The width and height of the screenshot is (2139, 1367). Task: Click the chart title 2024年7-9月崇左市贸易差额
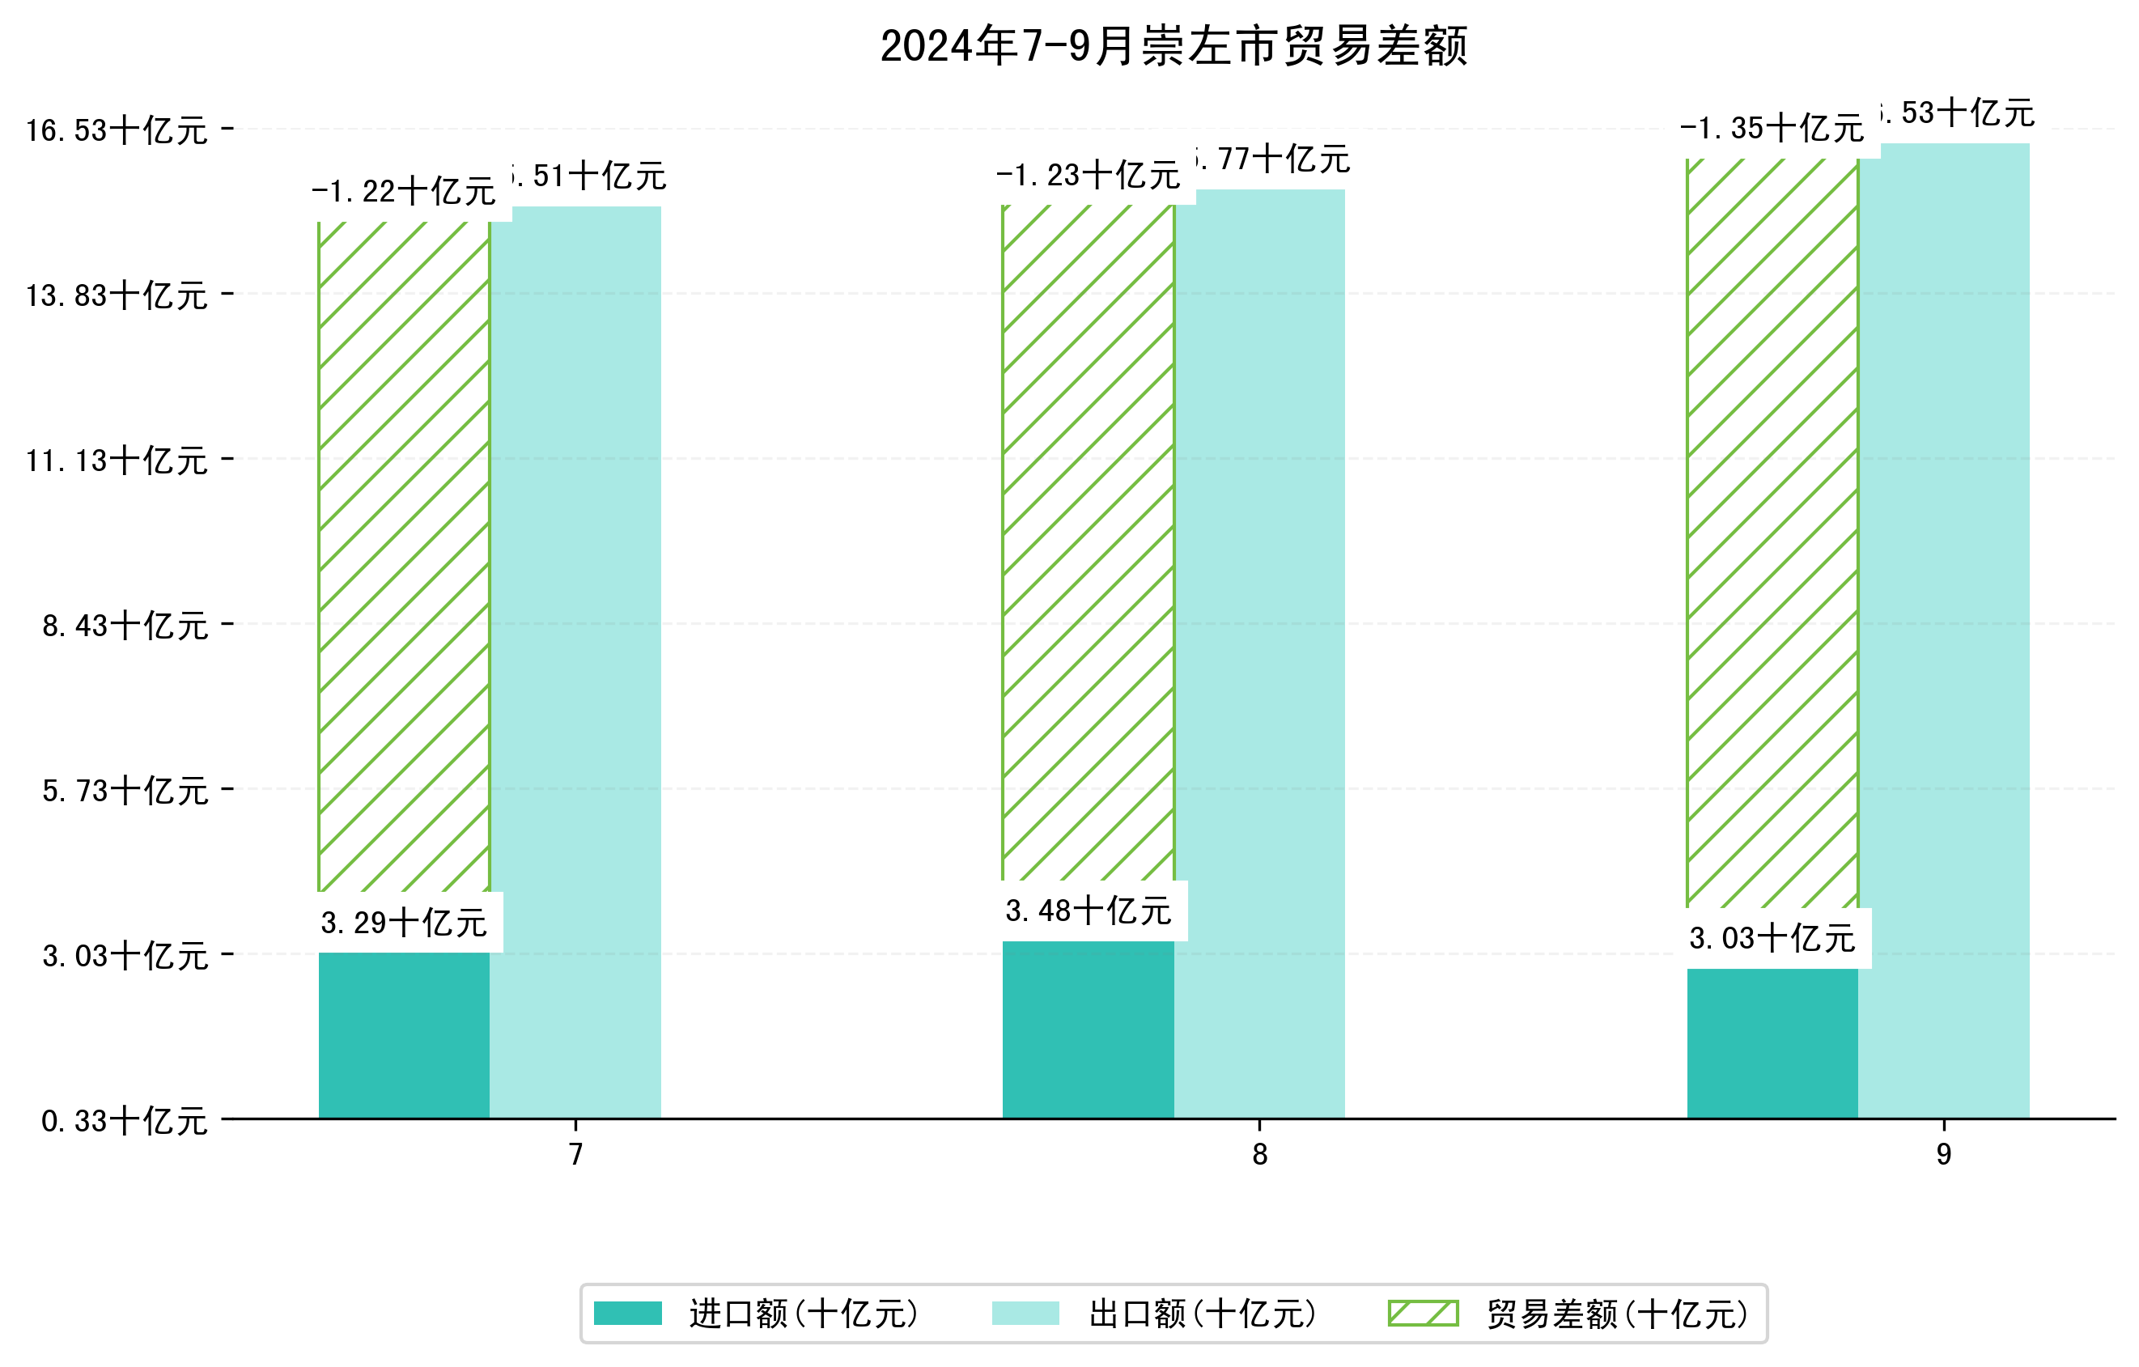[x=1173, y=46]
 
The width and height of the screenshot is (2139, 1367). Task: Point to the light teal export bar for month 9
[x=1944, y=630]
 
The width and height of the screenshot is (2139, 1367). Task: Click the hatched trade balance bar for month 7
[x=404, y=555]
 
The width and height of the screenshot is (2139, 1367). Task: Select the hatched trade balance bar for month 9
[x=1772, y=533]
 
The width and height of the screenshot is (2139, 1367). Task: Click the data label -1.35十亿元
[x=1772, y=129]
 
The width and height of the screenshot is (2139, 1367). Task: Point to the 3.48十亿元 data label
[x=1089, y=911]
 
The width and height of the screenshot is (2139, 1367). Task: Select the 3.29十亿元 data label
[x=404, y=923]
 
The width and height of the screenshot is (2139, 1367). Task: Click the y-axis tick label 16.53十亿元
[x=117, y=130]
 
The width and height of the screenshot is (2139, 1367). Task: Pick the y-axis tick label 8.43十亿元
[x=125, y=626]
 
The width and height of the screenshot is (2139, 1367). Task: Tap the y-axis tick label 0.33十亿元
[x=125, y=1121]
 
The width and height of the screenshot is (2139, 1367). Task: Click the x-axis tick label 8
[x=1259, y=1155]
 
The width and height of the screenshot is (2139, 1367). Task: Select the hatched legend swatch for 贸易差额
[x=1423, y=1313]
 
